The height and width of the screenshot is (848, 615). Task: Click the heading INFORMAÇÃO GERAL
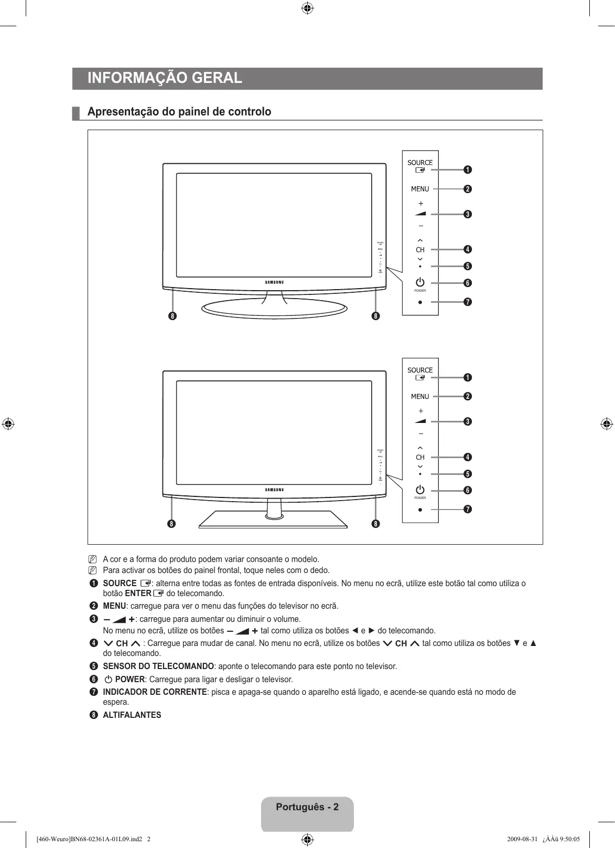pyautogui.click(x=165, y=78)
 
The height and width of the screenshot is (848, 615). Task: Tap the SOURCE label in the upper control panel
pyautogui.click(x=420, y=163)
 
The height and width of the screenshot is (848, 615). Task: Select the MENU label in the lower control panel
pyautogui.click(x=420, y=397)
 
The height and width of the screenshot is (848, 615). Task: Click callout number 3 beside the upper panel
pyautogui.click(x=467, y=214)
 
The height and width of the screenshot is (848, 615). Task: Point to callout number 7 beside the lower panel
pyautogui.click(x=467, y=510)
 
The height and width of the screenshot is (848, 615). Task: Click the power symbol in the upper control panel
pyautogui.click(x=420, y=282)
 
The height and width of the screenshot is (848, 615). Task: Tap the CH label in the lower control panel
pyautogui.click(x=420, y=457)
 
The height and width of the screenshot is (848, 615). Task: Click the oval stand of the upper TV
pyautogui.click(x=274, y=308)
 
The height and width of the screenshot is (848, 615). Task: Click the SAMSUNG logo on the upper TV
pyautogui.click(x=274, y=282)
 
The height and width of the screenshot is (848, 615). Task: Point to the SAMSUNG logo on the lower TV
pyautogui.click(x=274, y=490)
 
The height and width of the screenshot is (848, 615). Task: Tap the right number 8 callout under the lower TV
pyautogui.click(x=375, y=524)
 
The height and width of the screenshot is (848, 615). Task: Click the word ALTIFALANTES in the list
pyautogui.click(x=132, y=715)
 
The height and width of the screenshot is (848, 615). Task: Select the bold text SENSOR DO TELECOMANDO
pyautogui.click(x=158, y=666)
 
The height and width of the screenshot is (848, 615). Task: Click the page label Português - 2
pyautogui.click(x=307, y=807)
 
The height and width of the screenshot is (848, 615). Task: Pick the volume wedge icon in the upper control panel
pyautogui.click(x=420, y=214)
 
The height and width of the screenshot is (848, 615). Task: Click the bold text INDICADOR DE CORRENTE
pyautogui.click(x=155, y=692)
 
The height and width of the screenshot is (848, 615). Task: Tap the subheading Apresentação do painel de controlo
pyautogui.click(x=179, y=112)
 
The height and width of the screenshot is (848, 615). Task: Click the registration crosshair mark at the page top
pyautogui.click(x=308, y=8)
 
